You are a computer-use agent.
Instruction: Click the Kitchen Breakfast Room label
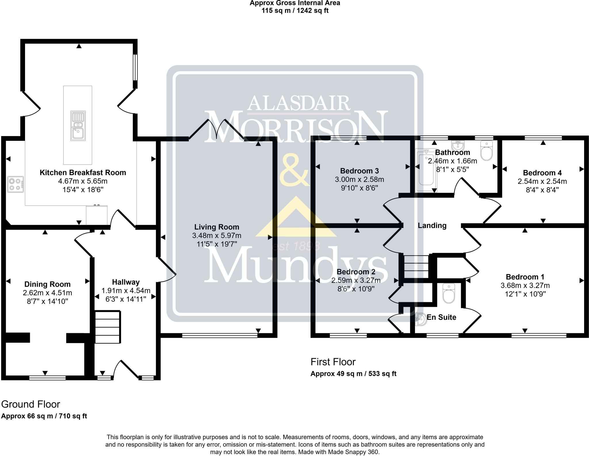(x=83, y=173)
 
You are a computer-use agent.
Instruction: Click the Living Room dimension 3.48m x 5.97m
(x=217, y=236)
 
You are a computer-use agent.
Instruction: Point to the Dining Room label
(x=47, y=284)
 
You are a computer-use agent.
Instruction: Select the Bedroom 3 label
(x=359, y=171)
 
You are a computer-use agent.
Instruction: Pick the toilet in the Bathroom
(x=487, y=151)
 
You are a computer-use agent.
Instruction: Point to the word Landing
(x=432, y=226)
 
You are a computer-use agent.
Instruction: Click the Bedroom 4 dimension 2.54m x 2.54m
(x=542, y=181)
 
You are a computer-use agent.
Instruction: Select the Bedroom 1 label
(x=525, y=277)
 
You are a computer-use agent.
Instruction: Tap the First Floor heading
(x=333, y=362)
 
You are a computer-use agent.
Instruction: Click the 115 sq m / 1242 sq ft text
(x=295, y=11)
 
